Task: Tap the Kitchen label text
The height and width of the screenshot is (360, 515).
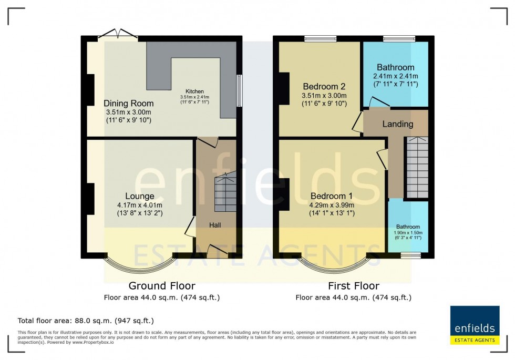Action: (x=194, y=91)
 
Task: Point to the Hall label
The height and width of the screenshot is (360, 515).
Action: (x=215, y=225)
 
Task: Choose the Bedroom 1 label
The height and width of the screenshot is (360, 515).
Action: (x=331, y=196)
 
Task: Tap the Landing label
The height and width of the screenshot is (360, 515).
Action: (x=397, y=125)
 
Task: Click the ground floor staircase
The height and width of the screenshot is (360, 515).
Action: (x=224, y=193)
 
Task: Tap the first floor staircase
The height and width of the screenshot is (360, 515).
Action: (x=417, y=167)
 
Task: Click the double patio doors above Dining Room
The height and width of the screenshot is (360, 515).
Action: (x=118, y=35)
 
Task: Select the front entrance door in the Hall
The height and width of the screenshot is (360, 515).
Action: (x=218, y=252)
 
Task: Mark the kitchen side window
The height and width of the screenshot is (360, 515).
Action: (x=239, y=90)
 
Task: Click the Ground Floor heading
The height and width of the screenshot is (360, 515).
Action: (x=162, y=286)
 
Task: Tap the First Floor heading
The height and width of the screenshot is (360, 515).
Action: (x=353, y=286)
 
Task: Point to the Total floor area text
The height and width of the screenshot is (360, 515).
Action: (x=86, y=321)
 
